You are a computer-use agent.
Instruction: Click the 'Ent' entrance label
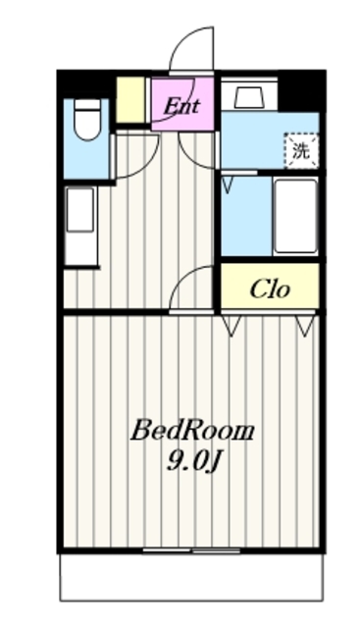pyautogui.click(x=182, y=106)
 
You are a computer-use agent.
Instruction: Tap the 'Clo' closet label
pyautogui.click(x=270, y=288)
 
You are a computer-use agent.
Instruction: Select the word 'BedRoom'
pyautogui.click(x=192, y=432)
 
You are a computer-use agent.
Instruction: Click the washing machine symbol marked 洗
pyautogui.click(x=301, y=150)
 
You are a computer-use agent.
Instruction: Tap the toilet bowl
pyautogui.click(x=87, y=120)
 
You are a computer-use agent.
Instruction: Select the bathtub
pyautogui.click(x=296, y=216)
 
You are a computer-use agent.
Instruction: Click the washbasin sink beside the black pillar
pyautogui.click(x=249, y=97)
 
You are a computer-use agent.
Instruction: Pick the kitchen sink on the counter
pyautogui.click(x=80, y=209)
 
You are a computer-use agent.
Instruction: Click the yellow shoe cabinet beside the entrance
pyautogui.click(x=130, y=99)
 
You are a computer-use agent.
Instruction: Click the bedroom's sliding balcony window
pyautogui.click(x=191, y=550)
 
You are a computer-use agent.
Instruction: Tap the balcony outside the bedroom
pyautogui.click(x=191, y=577)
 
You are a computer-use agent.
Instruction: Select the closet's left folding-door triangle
pyautogui.click(x=231, y=325)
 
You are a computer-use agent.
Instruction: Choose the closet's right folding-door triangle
pyautogui.click(x=304, y=325)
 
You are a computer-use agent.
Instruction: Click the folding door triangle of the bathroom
pyautogui.click(x=227, y=185)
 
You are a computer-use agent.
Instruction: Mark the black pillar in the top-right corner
pyautogui.click(x=301, y=90)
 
